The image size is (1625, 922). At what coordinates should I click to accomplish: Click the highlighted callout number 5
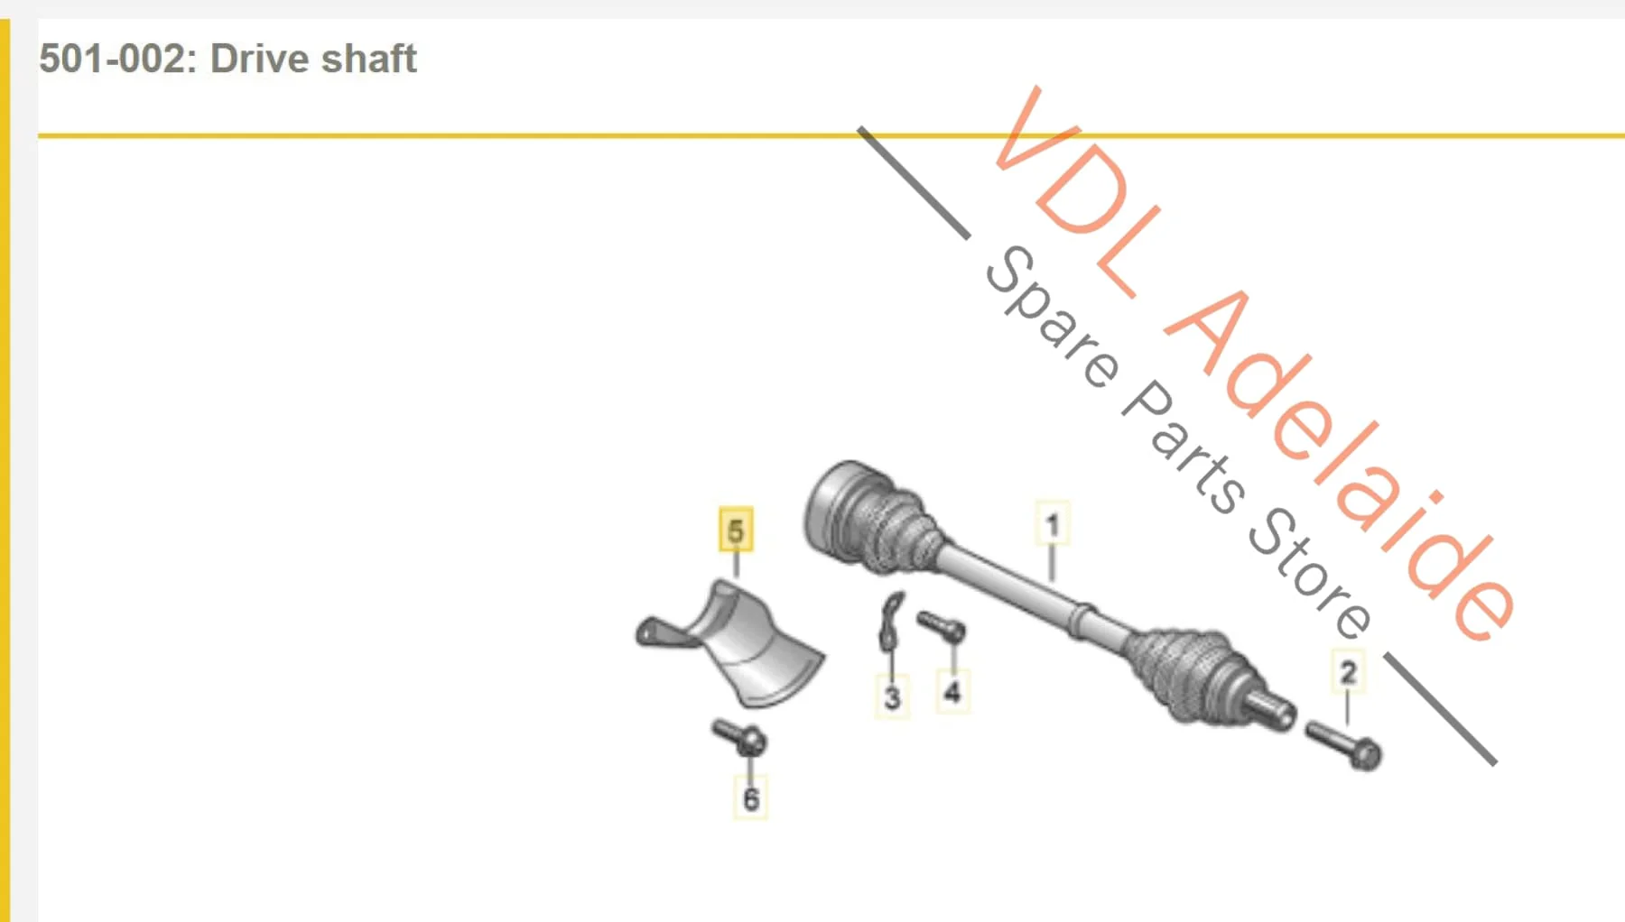(x=736, y=530)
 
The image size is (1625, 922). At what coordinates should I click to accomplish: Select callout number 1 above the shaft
(x=1052, y=524)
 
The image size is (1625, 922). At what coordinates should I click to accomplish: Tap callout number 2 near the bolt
(x=1348, y=672)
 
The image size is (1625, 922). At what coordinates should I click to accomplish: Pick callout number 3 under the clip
(x=892, y=696)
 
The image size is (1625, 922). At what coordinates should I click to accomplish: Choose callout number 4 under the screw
(x=952, y=692)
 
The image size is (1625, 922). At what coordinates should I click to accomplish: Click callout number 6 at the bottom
(x=750, y=798)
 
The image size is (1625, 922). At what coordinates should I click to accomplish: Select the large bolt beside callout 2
(x=1343, y=744)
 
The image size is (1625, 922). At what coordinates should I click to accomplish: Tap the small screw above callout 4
(x=941, y=626)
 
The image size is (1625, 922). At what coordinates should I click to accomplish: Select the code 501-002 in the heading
(x=112, y=60)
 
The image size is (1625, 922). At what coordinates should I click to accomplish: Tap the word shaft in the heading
(x=369, y=60)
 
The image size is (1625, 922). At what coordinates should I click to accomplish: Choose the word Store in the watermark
(x=1310, y=573)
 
